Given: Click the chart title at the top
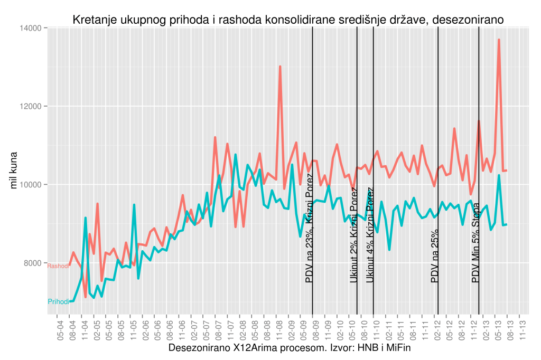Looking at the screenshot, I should [288, 20].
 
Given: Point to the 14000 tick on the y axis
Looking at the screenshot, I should [33, 28].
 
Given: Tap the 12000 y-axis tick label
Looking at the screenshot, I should [33, 106].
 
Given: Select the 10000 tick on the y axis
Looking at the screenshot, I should [33, 185].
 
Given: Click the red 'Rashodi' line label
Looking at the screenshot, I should [58, 266].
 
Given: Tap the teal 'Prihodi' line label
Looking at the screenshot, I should [58, 301].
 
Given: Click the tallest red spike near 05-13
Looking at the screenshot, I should [499, 40].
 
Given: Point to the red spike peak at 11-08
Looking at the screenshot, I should [280, 67].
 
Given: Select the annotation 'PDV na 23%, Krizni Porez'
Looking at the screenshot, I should [309, 235].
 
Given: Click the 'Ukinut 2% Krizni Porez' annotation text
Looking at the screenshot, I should [353, 235].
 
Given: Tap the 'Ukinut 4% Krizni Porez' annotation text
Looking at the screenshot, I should [370, 235].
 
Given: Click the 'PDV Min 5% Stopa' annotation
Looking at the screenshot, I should [475, 243].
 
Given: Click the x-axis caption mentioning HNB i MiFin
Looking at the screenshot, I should [289, 348].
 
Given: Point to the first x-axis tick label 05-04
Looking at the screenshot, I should [60, 330].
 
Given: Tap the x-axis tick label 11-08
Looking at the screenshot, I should [277, 330].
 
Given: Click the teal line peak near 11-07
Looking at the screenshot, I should [236, 155].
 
